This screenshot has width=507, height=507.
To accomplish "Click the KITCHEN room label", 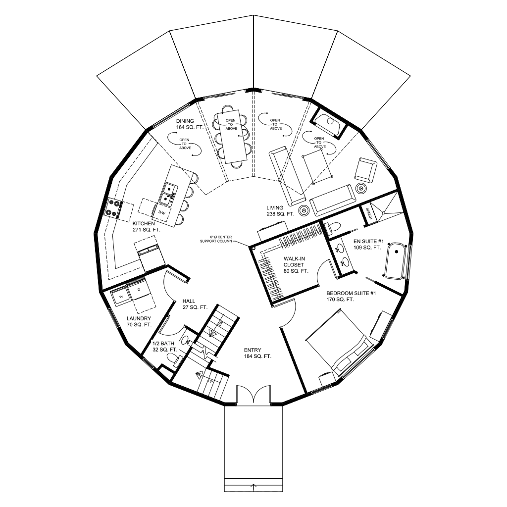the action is point(144,223).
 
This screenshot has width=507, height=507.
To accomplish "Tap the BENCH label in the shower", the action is point(368,214).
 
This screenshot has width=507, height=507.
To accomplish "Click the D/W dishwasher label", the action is point(162,213).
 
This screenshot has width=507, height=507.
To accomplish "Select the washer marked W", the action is point(121,297).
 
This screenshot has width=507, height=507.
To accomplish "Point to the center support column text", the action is point(216,239).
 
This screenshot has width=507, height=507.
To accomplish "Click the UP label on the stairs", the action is point(210,381).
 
